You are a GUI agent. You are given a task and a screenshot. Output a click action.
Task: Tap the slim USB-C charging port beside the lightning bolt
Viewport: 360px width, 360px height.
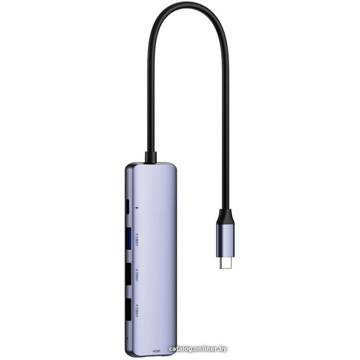tap(128, 207)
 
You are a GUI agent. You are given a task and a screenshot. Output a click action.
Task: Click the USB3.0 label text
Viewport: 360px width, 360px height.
tap(137, 239)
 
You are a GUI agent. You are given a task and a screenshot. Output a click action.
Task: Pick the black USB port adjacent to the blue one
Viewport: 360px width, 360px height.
tap(128, 274)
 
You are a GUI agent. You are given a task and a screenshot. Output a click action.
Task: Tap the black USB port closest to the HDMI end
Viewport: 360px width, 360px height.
tap(128, 310)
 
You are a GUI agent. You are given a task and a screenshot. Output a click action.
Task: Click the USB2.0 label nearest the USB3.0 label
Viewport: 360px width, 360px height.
tap(137, 275)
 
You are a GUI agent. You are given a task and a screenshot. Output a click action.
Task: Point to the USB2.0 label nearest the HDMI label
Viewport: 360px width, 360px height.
tap(137, 310)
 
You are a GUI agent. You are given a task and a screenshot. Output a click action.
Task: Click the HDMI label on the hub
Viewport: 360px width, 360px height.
tap(157, 351)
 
